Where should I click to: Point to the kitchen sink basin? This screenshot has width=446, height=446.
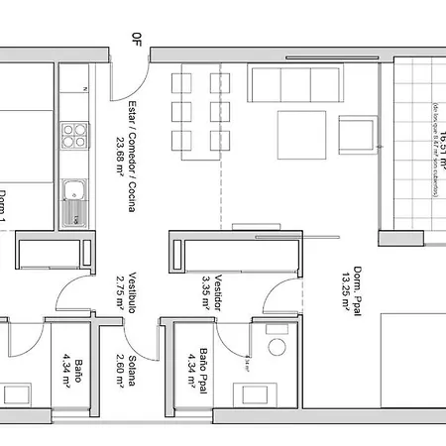71,192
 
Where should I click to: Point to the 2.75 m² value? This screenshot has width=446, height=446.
118,293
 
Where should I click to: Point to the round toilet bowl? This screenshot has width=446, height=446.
275,347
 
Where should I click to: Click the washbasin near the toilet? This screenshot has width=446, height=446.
246,365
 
